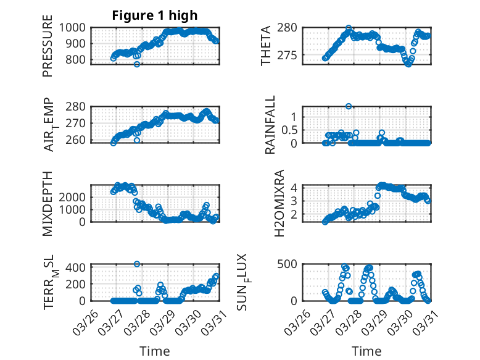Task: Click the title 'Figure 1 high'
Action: (x=155, y=15)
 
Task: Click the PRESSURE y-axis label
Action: (x=48, y=49)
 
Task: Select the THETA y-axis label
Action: (x=265, y=46)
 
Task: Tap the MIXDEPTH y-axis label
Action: (x=48, y=203)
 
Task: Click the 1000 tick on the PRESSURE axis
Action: (x=77, y=27)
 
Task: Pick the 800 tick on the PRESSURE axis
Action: (x=80, y=60)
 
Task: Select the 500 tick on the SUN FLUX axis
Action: (x=292, y=264)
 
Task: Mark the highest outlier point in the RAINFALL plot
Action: (x=349, y=106)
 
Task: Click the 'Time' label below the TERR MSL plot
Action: (x=155, y=351)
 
